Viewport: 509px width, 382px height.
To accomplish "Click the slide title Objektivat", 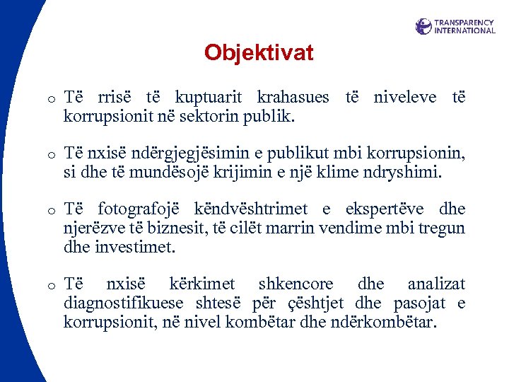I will tap(258, 53).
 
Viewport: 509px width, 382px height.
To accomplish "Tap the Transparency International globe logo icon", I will tap(423, 26).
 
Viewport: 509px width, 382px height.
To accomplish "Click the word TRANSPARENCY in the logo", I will tap(464, 22).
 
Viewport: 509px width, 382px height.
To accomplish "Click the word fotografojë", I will tap(139, 209).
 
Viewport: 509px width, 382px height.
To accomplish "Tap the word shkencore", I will tap(296, 284).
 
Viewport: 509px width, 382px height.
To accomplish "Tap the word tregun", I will tap(444, 228).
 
